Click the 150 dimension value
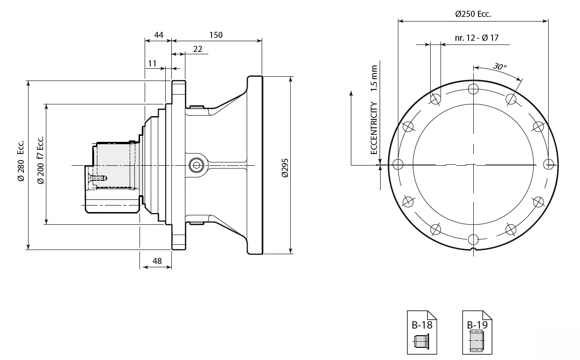(216, 35)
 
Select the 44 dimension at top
(159, 35)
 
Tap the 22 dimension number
(197, 49)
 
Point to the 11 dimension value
(152, 63)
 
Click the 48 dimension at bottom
(157, 261)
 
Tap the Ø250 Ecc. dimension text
(473, 14)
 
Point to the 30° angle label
(499, 67)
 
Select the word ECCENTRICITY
(374, 128)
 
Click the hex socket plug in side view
(195, 165)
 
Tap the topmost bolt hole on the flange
(473, 89)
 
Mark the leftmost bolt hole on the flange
(398, 164)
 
